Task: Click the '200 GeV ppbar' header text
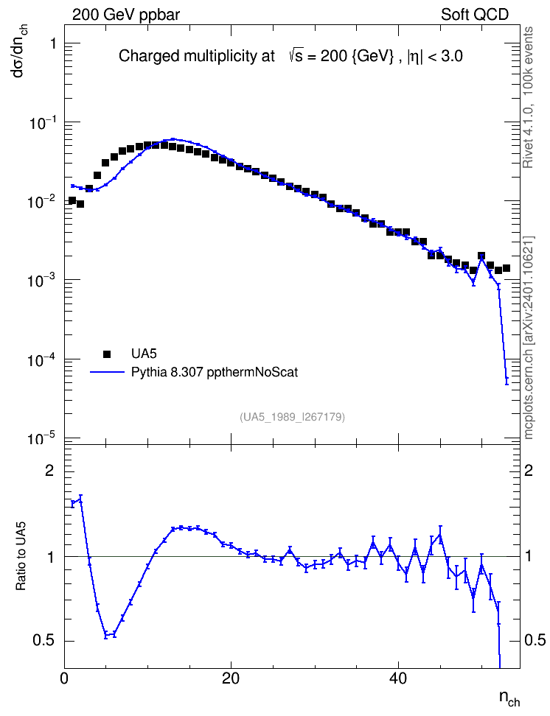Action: pyautogui.click(x=126, y=15)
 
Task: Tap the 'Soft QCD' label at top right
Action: pyautogui.click(x=475, y=15)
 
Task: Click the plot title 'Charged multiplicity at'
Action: pyautogui.click(x=197, y=56)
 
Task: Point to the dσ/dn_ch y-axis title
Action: pyautogui.click(x=19, y=51)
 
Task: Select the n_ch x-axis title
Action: pyautogui.click(x=509, y=698)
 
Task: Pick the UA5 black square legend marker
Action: pyautogui.click(x=108, y=354)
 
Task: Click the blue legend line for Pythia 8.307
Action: pyautogui.click(x=108, y=372)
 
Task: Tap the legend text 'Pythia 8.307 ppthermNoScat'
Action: pyautogui.click(x=215, y=372)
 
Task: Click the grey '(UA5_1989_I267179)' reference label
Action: pyautogui.click(x=292, y=416)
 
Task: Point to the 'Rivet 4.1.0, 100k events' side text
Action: pyautogui.click(x=528, y=97)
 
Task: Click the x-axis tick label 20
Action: pyautogui.click(x=231, y=678)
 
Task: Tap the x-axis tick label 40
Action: pyautogui.click(x=398, y=678)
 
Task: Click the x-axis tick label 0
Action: pyautogui.click(x=64, y=678)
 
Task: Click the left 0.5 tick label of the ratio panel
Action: pyautogui.click(x=43, y=641)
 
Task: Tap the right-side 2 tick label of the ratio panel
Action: pyautogui.click(x=529, y=471)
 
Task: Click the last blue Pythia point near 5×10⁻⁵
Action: pyautogui.click(x=507, y=380)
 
